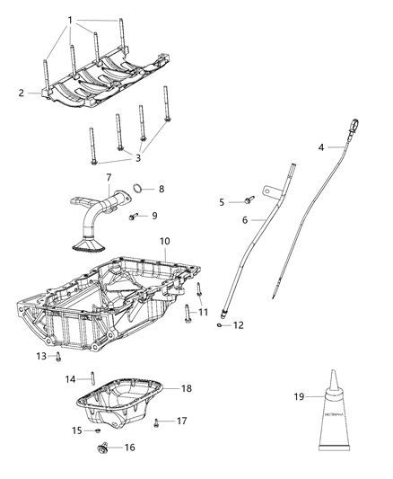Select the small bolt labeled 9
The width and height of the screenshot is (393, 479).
[x=134, y=217]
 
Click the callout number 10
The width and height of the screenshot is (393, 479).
[x=164, y=242]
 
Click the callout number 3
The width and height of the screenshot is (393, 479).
[x=136, y=158]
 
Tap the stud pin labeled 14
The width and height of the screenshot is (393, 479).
[x=93, y=378]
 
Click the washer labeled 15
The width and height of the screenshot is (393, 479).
[x=97, y=430]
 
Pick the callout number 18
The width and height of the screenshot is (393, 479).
[x=187, y=388]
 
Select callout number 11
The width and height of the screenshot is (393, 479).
[x=203, y=312]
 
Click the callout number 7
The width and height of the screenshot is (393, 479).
[x=108, y=178]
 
